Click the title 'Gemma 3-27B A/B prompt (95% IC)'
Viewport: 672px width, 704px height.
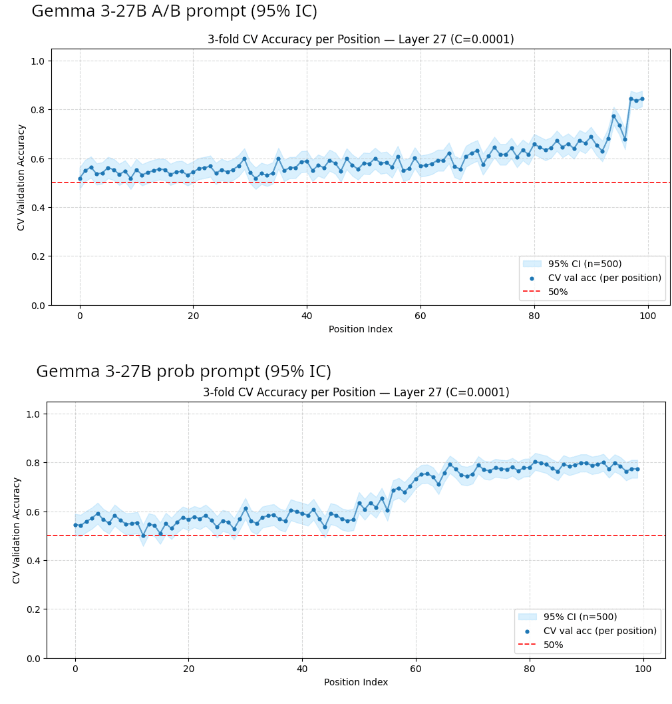174,11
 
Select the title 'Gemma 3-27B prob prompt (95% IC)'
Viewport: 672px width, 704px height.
184,371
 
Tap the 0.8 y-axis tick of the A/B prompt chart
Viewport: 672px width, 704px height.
38,110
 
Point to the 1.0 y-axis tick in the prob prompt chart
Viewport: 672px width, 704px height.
34,414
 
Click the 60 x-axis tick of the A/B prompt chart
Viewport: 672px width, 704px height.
420,316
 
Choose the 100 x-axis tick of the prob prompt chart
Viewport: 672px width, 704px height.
643,669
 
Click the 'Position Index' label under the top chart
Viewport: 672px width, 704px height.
361,329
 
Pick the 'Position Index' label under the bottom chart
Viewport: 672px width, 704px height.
356,682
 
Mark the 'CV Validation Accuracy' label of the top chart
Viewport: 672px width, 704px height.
21,178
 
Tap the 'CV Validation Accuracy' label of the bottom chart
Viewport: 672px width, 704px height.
16,531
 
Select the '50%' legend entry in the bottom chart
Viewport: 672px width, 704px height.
553,645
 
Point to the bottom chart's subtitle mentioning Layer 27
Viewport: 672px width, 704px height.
356,392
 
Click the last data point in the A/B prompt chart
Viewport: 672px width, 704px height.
642,99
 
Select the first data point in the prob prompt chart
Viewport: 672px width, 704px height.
75,525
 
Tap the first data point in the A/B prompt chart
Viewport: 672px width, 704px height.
80,178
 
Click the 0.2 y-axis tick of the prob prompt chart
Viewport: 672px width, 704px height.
34,609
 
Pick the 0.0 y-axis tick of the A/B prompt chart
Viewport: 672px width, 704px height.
38,306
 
